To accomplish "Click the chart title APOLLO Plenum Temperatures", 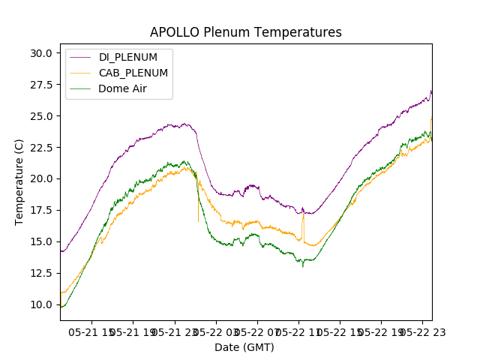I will click(x=245, y=32).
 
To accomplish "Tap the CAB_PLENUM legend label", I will click(x=133, y=73).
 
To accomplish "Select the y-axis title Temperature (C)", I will click(x=19, y=181).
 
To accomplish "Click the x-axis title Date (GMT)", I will click(x=244, y=347).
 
